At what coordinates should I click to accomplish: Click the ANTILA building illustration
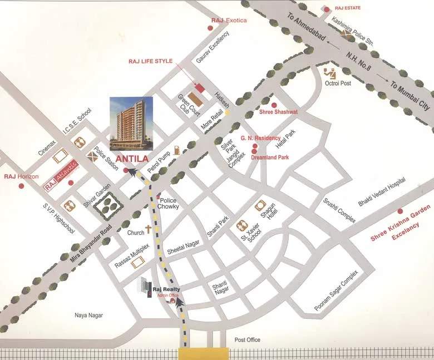pyautogui.click(x=131, y=124)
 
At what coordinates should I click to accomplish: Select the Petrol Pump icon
pyautogui.click(x=176, y=150)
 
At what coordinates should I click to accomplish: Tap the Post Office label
pyautogui.click(x=247, y=340)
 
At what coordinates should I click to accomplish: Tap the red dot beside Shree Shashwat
pyautogui.click(x=273, y=104)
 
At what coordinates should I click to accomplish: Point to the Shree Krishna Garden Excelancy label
pyautogui.click(x=402, y=229)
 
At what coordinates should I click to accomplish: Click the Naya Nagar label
pyautogui.click(x=89, y=315)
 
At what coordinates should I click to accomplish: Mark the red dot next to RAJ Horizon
pyautogui.click(x=22, y=185)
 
